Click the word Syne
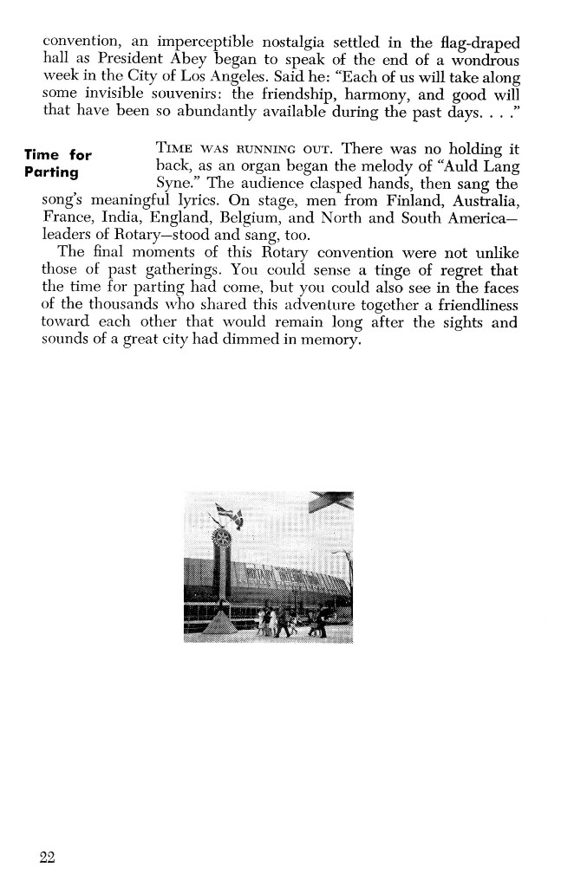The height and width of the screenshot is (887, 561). coord(174,184)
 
